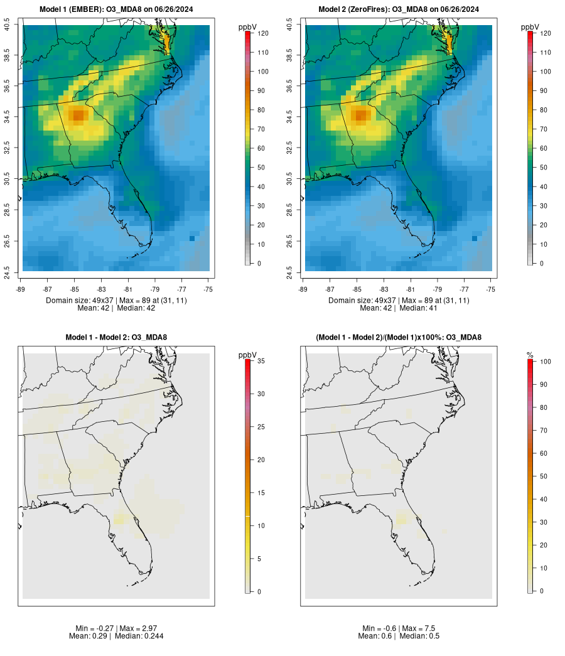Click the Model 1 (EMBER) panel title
[116, 9]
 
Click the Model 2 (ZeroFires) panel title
[399, 9]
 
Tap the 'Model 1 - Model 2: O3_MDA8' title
[116, 338]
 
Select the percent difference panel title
[399, 338]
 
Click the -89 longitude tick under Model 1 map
[20, 289]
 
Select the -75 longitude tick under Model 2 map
[491, 289]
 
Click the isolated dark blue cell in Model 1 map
[192, 239]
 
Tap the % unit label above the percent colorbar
[530, 355]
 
